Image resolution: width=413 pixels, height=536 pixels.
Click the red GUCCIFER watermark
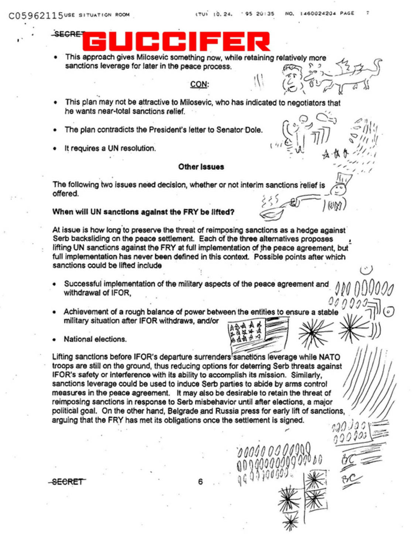[x=176, y=41]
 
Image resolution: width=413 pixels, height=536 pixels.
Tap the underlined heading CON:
[x=199, y=84]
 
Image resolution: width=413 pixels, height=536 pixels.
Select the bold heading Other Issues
[x=201, y=167]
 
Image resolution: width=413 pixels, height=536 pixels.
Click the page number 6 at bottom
[x=200, y=481]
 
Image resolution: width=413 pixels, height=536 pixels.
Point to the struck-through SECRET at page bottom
[x=67, y=481]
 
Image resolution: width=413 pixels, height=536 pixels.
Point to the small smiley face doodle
[x=366, y=270]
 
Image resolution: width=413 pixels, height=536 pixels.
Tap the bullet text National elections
[x=95, y=339]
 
